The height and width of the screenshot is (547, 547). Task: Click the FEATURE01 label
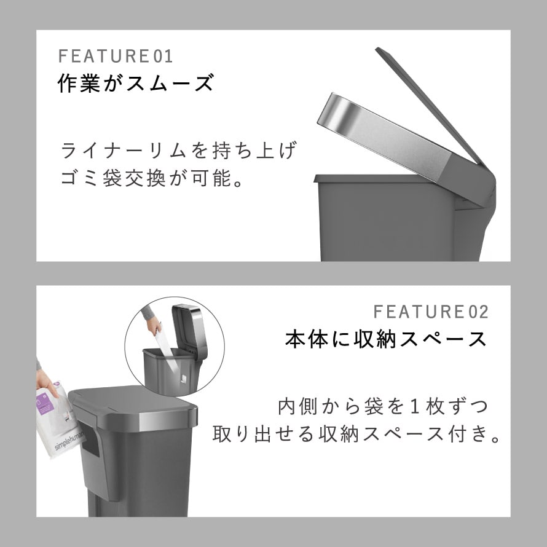tap(116, 56)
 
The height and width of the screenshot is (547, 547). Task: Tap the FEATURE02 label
tap(431, 312)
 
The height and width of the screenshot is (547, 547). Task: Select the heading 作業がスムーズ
tap(135, 83)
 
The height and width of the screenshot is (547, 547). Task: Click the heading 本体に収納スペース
tap(386, 339)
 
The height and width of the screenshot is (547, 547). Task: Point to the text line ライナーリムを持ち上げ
tap(179, 151)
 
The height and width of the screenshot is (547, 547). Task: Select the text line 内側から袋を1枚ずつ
tap(383, 406)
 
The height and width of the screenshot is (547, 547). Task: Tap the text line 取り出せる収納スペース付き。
tap(356, 435)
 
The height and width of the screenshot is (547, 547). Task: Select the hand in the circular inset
tap(154, 326)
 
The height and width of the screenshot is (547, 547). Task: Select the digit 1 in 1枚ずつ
tap(414, 407)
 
